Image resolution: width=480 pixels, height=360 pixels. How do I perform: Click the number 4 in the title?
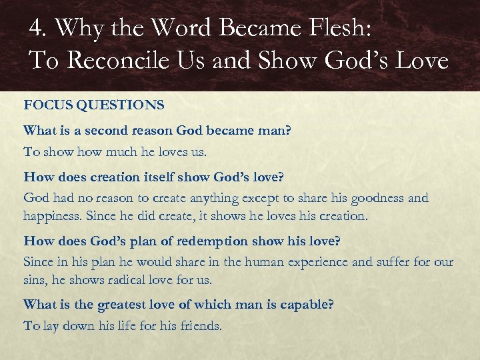point(35,28)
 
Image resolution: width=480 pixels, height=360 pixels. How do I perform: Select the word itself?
point(148,177)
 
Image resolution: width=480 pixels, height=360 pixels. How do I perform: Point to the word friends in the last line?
point(200,326)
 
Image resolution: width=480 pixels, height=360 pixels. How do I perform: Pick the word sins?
point(35,281)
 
